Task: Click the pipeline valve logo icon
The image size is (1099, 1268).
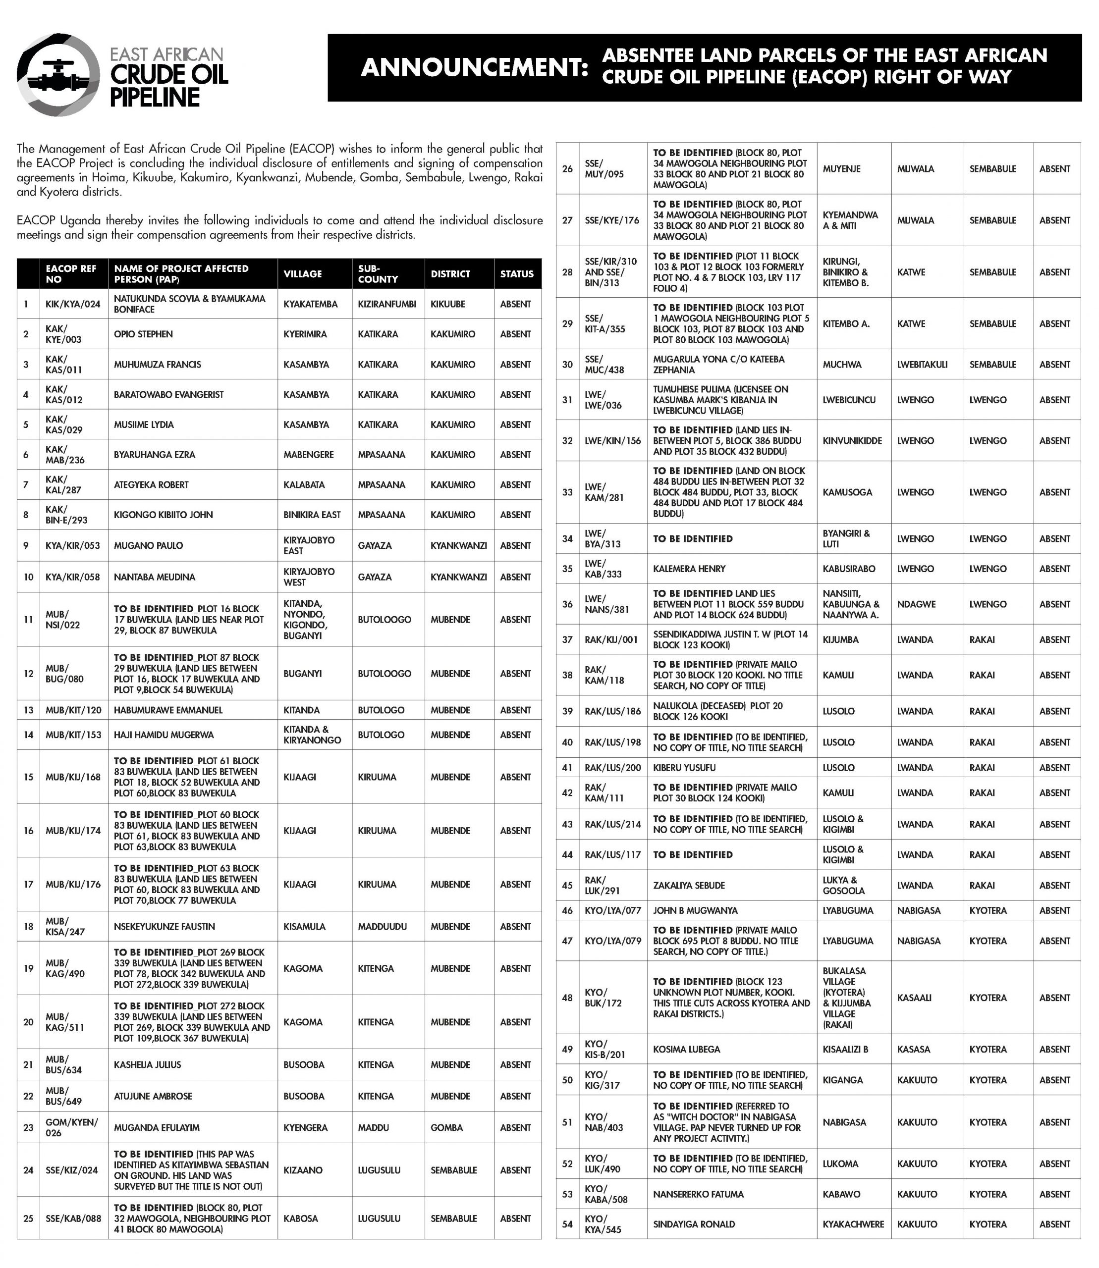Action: coord(58,74)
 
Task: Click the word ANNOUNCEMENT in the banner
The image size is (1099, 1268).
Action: coord(474,67)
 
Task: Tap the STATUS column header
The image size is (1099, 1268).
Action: coord(516,273)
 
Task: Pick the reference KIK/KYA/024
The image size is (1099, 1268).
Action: coord(73,304)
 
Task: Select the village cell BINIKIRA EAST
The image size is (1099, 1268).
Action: coord(312,515)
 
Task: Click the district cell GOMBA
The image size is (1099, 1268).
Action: coord(446,1128)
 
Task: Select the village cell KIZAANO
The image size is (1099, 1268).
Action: coord(302,1170)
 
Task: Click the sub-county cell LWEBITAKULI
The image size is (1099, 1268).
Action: coord(922,364)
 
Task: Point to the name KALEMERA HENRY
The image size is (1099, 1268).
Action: coord(689,569)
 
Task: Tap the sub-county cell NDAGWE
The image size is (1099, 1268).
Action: coord(916,604)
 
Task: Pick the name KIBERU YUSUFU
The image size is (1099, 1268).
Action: coord(684,768)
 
